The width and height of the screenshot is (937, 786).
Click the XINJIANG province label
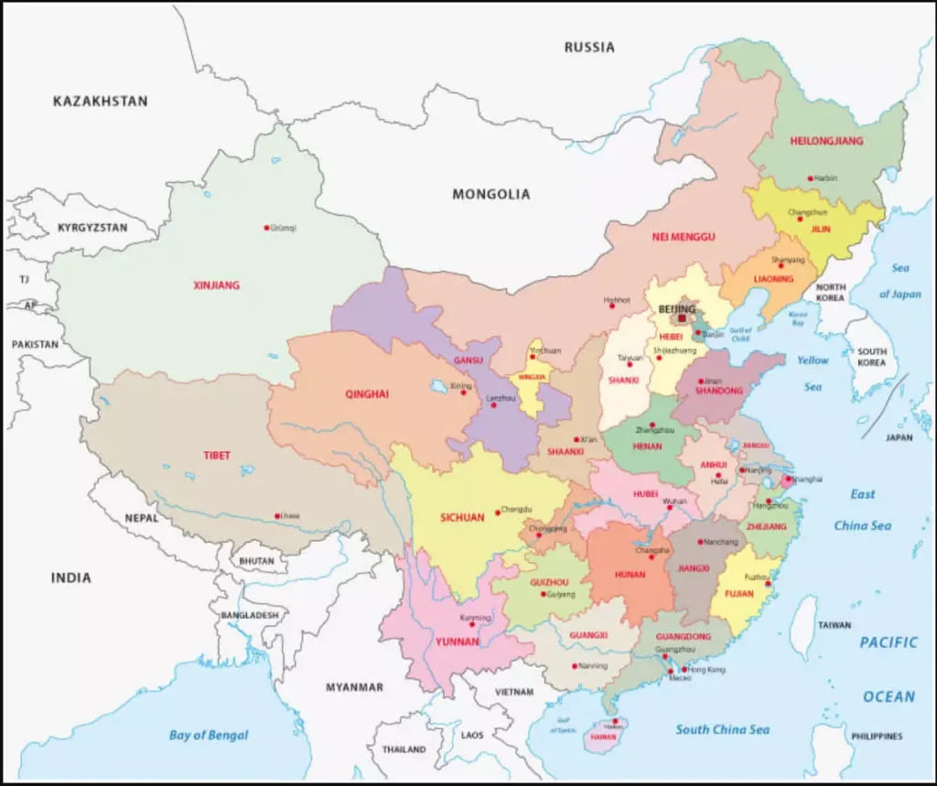tap(216, 285)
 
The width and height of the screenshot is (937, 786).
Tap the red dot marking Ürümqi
tap(267, 227)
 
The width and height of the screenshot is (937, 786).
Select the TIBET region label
tap(217, 456)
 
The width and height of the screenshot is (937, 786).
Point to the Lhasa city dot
tap(277, 516)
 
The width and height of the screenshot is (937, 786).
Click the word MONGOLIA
tap(490, 194)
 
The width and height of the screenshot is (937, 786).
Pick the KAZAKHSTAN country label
tap(100, 102)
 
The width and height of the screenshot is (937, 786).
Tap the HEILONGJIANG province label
tap(826, 141)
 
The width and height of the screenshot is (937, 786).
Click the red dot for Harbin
tap(810, 178)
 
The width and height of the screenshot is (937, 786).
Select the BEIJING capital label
tap(677, 310)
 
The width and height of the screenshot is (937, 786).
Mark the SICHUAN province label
tap(462, 518)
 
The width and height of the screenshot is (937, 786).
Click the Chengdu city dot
tap(497, 511)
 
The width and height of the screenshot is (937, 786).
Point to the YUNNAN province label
tap(458, 641)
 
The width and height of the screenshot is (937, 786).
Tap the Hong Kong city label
tap(705, 670)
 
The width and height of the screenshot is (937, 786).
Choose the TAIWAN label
tap(834, 626)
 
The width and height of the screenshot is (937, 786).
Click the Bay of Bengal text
tap(208, 735)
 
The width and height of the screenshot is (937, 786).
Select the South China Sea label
tap(722, 729)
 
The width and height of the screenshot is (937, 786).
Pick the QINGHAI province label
tap(367, 394)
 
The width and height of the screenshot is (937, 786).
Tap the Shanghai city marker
tap(788, 479)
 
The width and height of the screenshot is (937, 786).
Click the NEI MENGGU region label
tap(683, 237)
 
